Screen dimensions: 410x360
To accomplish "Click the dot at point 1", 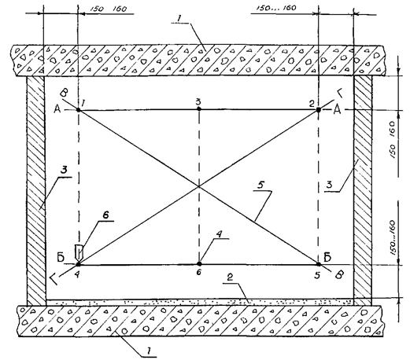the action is pyautogui.click(x=79, y=109).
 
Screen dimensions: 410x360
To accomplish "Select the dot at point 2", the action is pyautogui.click(x=319, y=110).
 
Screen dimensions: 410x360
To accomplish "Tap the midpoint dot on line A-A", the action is pyautogui.click(x=199, y=108).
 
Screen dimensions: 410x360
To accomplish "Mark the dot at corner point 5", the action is pyautogui.click(x=319, y=264).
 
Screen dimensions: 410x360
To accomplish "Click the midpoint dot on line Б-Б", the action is pyautogui.click(x=199, y=264).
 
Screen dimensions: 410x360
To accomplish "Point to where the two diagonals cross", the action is pyautogui.click(x=198, y=186).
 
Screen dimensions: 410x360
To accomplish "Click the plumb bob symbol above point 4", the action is pyautogui.click(x=79, y=252).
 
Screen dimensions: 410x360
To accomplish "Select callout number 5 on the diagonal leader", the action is pyautogui.click(x=260, y=186).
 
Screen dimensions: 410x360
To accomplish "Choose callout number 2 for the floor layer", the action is pyautogui.click(x=230, y=277).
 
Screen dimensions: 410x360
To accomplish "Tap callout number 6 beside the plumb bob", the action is pyautogui.click(x=105, y=215).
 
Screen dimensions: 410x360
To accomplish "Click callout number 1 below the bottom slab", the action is pyautogui.click(x=149, y=350).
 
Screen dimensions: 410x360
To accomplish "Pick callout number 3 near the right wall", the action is pyautogui.click(x=329, y=185).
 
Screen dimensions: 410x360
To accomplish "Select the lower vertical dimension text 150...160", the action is pyautogui.click(x=393, y=237).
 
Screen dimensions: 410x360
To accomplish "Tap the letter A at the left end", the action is pyautogui.click(x=57, y=109).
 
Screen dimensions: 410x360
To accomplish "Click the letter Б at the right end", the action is pyautogui.click(x=327, y=258).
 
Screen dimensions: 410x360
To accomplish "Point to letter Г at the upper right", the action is pyautogui.click(x=341, y=93).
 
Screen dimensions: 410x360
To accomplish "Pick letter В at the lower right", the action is pyautogui.click(x=340, y=275).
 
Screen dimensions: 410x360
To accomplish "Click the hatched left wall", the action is pyautogui.click(x=36, y=191).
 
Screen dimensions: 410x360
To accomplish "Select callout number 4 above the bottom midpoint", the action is pyautogui.click(x=220, y=234).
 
